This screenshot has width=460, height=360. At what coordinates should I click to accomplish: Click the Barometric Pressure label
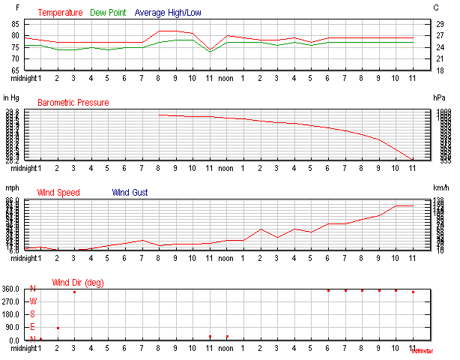(73, 103)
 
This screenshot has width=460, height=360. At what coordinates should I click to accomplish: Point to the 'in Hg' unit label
(11, 97)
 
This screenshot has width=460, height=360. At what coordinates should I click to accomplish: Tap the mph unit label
(11, 187)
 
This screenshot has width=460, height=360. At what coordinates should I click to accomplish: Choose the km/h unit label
(441, 187)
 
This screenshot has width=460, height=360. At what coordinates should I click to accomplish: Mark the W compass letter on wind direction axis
(32, 301)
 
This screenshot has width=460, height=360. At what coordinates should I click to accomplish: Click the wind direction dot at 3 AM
(74, 292)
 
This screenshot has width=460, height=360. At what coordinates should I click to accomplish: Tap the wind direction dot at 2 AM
(58, 328)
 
